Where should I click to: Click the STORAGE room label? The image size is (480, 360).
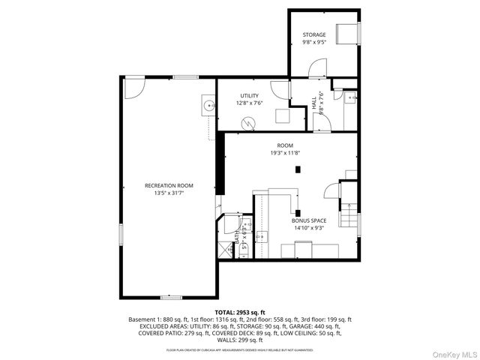coord(314,35)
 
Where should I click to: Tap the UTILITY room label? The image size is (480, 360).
coord(249,95)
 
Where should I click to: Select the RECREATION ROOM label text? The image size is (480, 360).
coord(169,185)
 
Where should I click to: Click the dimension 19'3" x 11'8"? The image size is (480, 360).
coord(285,152)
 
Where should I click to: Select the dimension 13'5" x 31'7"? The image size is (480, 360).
coord(169,193)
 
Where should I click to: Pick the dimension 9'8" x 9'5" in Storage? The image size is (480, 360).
coord(314,43)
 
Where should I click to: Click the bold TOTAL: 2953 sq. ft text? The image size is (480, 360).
coord(240,312)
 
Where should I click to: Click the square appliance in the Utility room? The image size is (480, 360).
coord(283,116)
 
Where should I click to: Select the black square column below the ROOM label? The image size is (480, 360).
coord(298,169)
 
